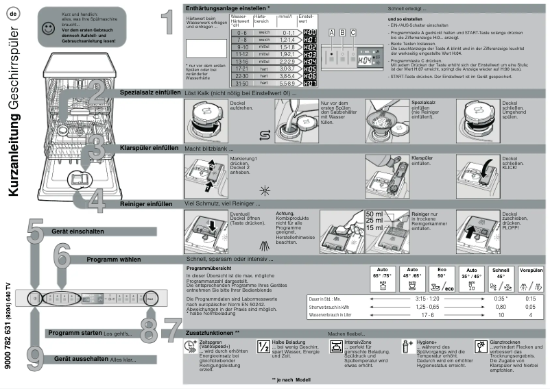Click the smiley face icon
point(47,28)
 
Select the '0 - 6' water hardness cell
point(239,33)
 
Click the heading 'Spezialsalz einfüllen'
point(150,92)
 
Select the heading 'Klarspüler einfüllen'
point(149,147)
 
